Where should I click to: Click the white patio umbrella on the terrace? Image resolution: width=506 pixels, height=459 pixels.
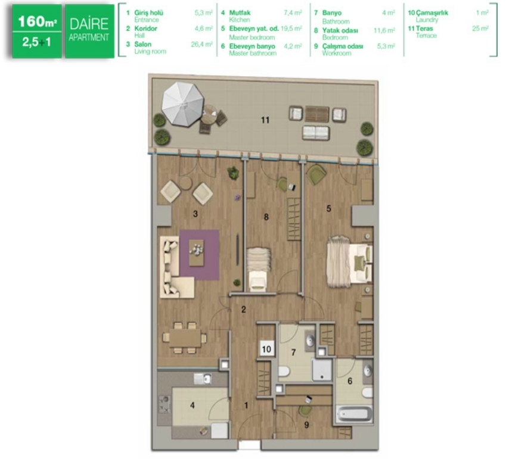click(x=183, y=103)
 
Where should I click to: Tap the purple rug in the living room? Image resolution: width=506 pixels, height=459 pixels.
click(x=200, y=255)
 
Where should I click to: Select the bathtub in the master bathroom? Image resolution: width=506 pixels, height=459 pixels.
click(x=353, y=414)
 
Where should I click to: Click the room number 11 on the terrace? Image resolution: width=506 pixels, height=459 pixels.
click(x=265, y=120)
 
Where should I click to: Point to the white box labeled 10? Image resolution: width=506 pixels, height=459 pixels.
click(x=266, y=349)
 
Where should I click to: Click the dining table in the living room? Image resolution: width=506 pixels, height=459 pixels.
click(x=185, y=338)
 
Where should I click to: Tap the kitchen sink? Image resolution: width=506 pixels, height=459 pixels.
click(x=203, y=379)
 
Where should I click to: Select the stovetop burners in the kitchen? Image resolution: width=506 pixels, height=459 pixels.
click(x=164, y=404)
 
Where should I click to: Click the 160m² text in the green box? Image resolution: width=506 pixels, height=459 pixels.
click(x=38, y=21)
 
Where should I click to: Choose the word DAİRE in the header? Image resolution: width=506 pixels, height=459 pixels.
click(x=89, y=24)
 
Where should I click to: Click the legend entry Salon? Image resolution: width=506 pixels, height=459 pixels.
click(x=142, y=44)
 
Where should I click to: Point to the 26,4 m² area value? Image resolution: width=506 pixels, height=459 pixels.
click(x=201, y=44)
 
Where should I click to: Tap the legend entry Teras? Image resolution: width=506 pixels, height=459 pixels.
click(x=424, y=29)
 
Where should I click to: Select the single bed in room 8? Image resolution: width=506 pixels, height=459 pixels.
click(x=259, y=270)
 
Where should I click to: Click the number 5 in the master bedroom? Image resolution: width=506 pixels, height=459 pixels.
click(x=328, y=208)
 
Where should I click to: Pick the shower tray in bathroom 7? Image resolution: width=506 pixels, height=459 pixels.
click(x=322, y=370)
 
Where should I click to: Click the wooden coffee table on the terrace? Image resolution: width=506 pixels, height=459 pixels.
click(x=316, y=114)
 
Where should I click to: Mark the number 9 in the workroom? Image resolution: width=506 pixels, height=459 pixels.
click(x=306, y=425)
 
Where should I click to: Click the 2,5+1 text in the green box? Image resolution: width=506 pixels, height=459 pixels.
click(x=36, y=42)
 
